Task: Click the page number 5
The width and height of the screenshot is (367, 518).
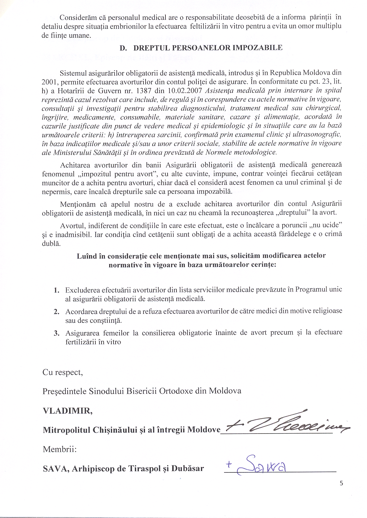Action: pos(341,483)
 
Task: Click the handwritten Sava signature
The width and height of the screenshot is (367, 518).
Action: pos(260,465)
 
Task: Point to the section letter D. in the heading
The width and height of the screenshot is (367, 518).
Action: pos(123,48)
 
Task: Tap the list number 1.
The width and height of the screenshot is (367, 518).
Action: pos(57,290)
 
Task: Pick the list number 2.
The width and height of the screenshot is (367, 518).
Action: pos(57,312)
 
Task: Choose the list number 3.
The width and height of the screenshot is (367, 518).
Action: pos(57,333)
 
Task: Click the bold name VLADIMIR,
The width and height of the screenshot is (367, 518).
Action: pos(68,411)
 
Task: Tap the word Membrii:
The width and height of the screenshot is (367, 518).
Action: pos(60,449)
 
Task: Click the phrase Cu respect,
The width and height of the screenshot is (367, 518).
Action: pos(63,372)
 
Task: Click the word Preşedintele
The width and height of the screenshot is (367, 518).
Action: pos(65,391)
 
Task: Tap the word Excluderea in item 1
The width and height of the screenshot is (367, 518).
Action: pos(82,290)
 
